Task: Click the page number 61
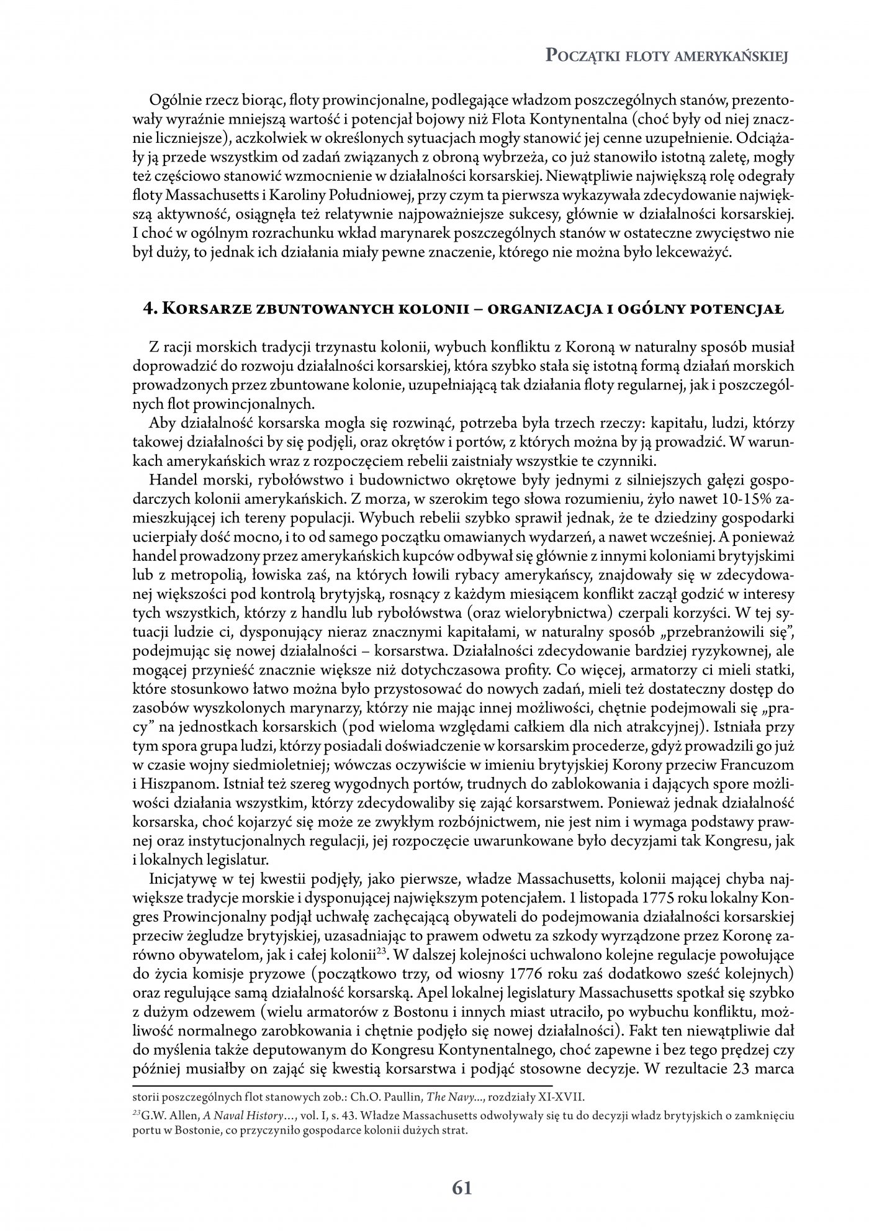462,1188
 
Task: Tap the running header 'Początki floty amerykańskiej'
666,57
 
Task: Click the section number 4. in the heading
148,309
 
